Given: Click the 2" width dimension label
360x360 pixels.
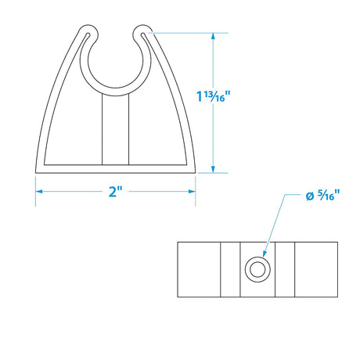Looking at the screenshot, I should pos(115,193).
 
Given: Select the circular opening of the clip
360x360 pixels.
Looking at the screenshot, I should pos(115,63).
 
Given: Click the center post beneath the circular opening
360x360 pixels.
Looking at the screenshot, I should pos(115,129).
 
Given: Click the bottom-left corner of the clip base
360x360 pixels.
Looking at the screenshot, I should pos(36,169).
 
